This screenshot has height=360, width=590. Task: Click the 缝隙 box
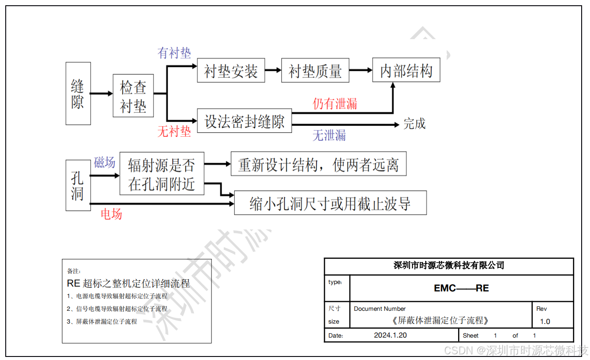78,93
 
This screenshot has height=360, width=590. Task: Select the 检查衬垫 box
133,96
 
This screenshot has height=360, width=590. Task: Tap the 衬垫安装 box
231,70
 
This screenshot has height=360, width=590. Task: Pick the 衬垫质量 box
315,70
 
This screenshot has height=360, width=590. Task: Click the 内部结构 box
406,70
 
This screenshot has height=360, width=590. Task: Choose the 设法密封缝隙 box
244,121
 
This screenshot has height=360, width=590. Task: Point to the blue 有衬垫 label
175,53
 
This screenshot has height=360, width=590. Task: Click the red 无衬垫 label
175,131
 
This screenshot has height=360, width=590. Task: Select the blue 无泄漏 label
329,135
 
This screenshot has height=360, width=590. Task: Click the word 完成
414,124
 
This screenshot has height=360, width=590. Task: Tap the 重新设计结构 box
318,164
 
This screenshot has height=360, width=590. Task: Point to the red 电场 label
111,214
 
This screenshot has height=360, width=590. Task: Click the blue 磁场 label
105,163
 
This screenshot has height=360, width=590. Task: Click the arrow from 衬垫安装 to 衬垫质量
273,70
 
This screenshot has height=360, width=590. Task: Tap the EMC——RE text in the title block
461,288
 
